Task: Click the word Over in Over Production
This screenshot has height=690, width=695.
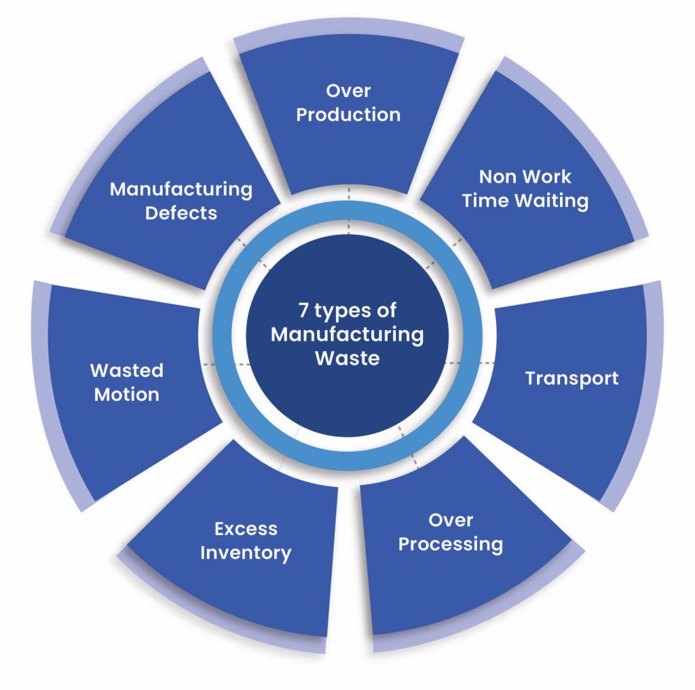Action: tap(347, 91)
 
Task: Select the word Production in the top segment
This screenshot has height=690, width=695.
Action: tap(347, 114)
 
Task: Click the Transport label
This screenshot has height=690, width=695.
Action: tap(571, 378)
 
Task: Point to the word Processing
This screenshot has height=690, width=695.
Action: tap(450, 545)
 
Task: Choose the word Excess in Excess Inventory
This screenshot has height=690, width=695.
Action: tap(246, 528)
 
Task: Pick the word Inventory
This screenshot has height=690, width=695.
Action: tap(246, 552)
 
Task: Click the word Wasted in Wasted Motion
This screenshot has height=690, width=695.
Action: tap(127, 371)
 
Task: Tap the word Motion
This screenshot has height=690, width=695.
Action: tap(127, 395)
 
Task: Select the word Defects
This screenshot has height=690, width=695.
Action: tap(181, 213)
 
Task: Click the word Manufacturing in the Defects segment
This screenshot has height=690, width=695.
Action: tap(181, 189)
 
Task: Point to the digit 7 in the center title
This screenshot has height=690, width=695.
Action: tap(303, 310)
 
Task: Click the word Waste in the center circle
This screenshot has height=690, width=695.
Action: tap(347, 358)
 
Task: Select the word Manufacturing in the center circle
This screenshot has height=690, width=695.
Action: tap(347, 334)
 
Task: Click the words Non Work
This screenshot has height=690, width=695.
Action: tap(525, 177)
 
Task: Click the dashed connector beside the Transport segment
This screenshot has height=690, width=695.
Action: tap(468, 364)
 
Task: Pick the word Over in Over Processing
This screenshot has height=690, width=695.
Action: tap(451, 521)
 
